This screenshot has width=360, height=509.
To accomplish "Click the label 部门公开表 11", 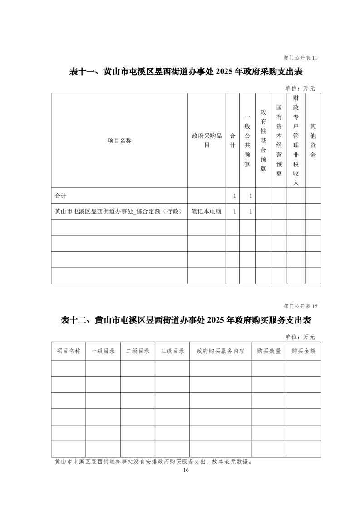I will click(300, 58).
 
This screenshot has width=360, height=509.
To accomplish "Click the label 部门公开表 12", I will click(300, 306).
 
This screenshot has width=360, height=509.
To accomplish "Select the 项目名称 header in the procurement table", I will click(119, 141).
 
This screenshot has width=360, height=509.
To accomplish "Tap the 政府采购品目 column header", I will click(207, 141).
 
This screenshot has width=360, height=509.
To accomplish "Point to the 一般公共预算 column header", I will click(247, 141).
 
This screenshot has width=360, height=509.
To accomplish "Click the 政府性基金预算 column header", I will click(263, 141).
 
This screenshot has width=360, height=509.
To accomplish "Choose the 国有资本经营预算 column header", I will click(279, 141).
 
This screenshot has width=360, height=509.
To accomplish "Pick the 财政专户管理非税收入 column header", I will click(296, 141).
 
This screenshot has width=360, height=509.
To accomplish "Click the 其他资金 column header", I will click(313, 141).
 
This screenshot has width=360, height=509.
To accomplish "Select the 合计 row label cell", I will click(60, 196).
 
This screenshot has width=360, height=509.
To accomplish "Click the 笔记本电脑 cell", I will click(207, 211).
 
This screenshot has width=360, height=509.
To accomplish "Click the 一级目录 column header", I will click(103, 351).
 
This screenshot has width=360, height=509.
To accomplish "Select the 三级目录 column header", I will click(172, 351).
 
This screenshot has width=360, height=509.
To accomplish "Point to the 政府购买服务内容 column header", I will click(221, 351).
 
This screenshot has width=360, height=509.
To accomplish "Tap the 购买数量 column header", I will click(269, 351).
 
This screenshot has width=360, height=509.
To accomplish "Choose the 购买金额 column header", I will click(303, 351).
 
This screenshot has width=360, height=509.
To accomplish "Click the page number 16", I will click(186, 470).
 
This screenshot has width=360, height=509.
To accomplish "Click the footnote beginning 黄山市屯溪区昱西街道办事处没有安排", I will click(153, 462).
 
